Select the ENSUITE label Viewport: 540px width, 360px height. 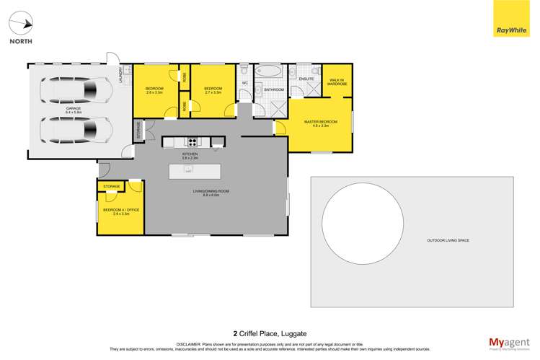tap(297, 79)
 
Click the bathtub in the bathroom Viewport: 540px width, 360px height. tap(271, 73)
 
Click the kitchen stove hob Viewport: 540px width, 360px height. tap(192, 142)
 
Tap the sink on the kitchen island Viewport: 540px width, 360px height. tap(188, 170)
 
